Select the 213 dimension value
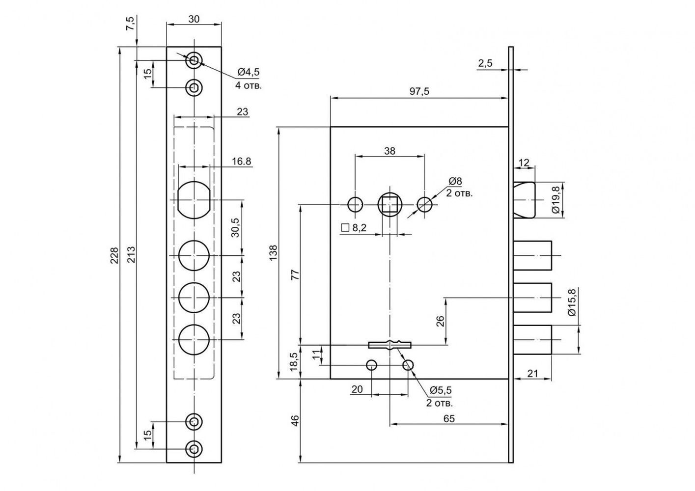132,254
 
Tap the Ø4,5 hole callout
249,72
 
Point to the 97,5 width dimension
419,91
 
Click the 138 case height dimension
273,253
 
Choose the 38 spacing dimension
389,151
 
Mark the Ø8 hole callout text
455,181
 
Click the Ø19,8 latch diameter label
556,200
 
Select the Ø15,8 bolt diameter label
572,302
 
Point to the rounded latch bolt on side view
525,200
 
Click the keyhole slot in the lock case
389,345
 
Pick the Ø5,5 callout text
441,390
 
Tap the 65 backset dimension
449,419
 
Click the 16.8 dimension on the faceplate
242,161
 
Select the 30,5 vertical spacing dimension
236,228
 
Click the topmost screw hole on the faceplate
194,60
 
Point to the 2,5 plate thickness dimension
485,64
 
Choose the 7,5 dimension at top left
131,24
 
